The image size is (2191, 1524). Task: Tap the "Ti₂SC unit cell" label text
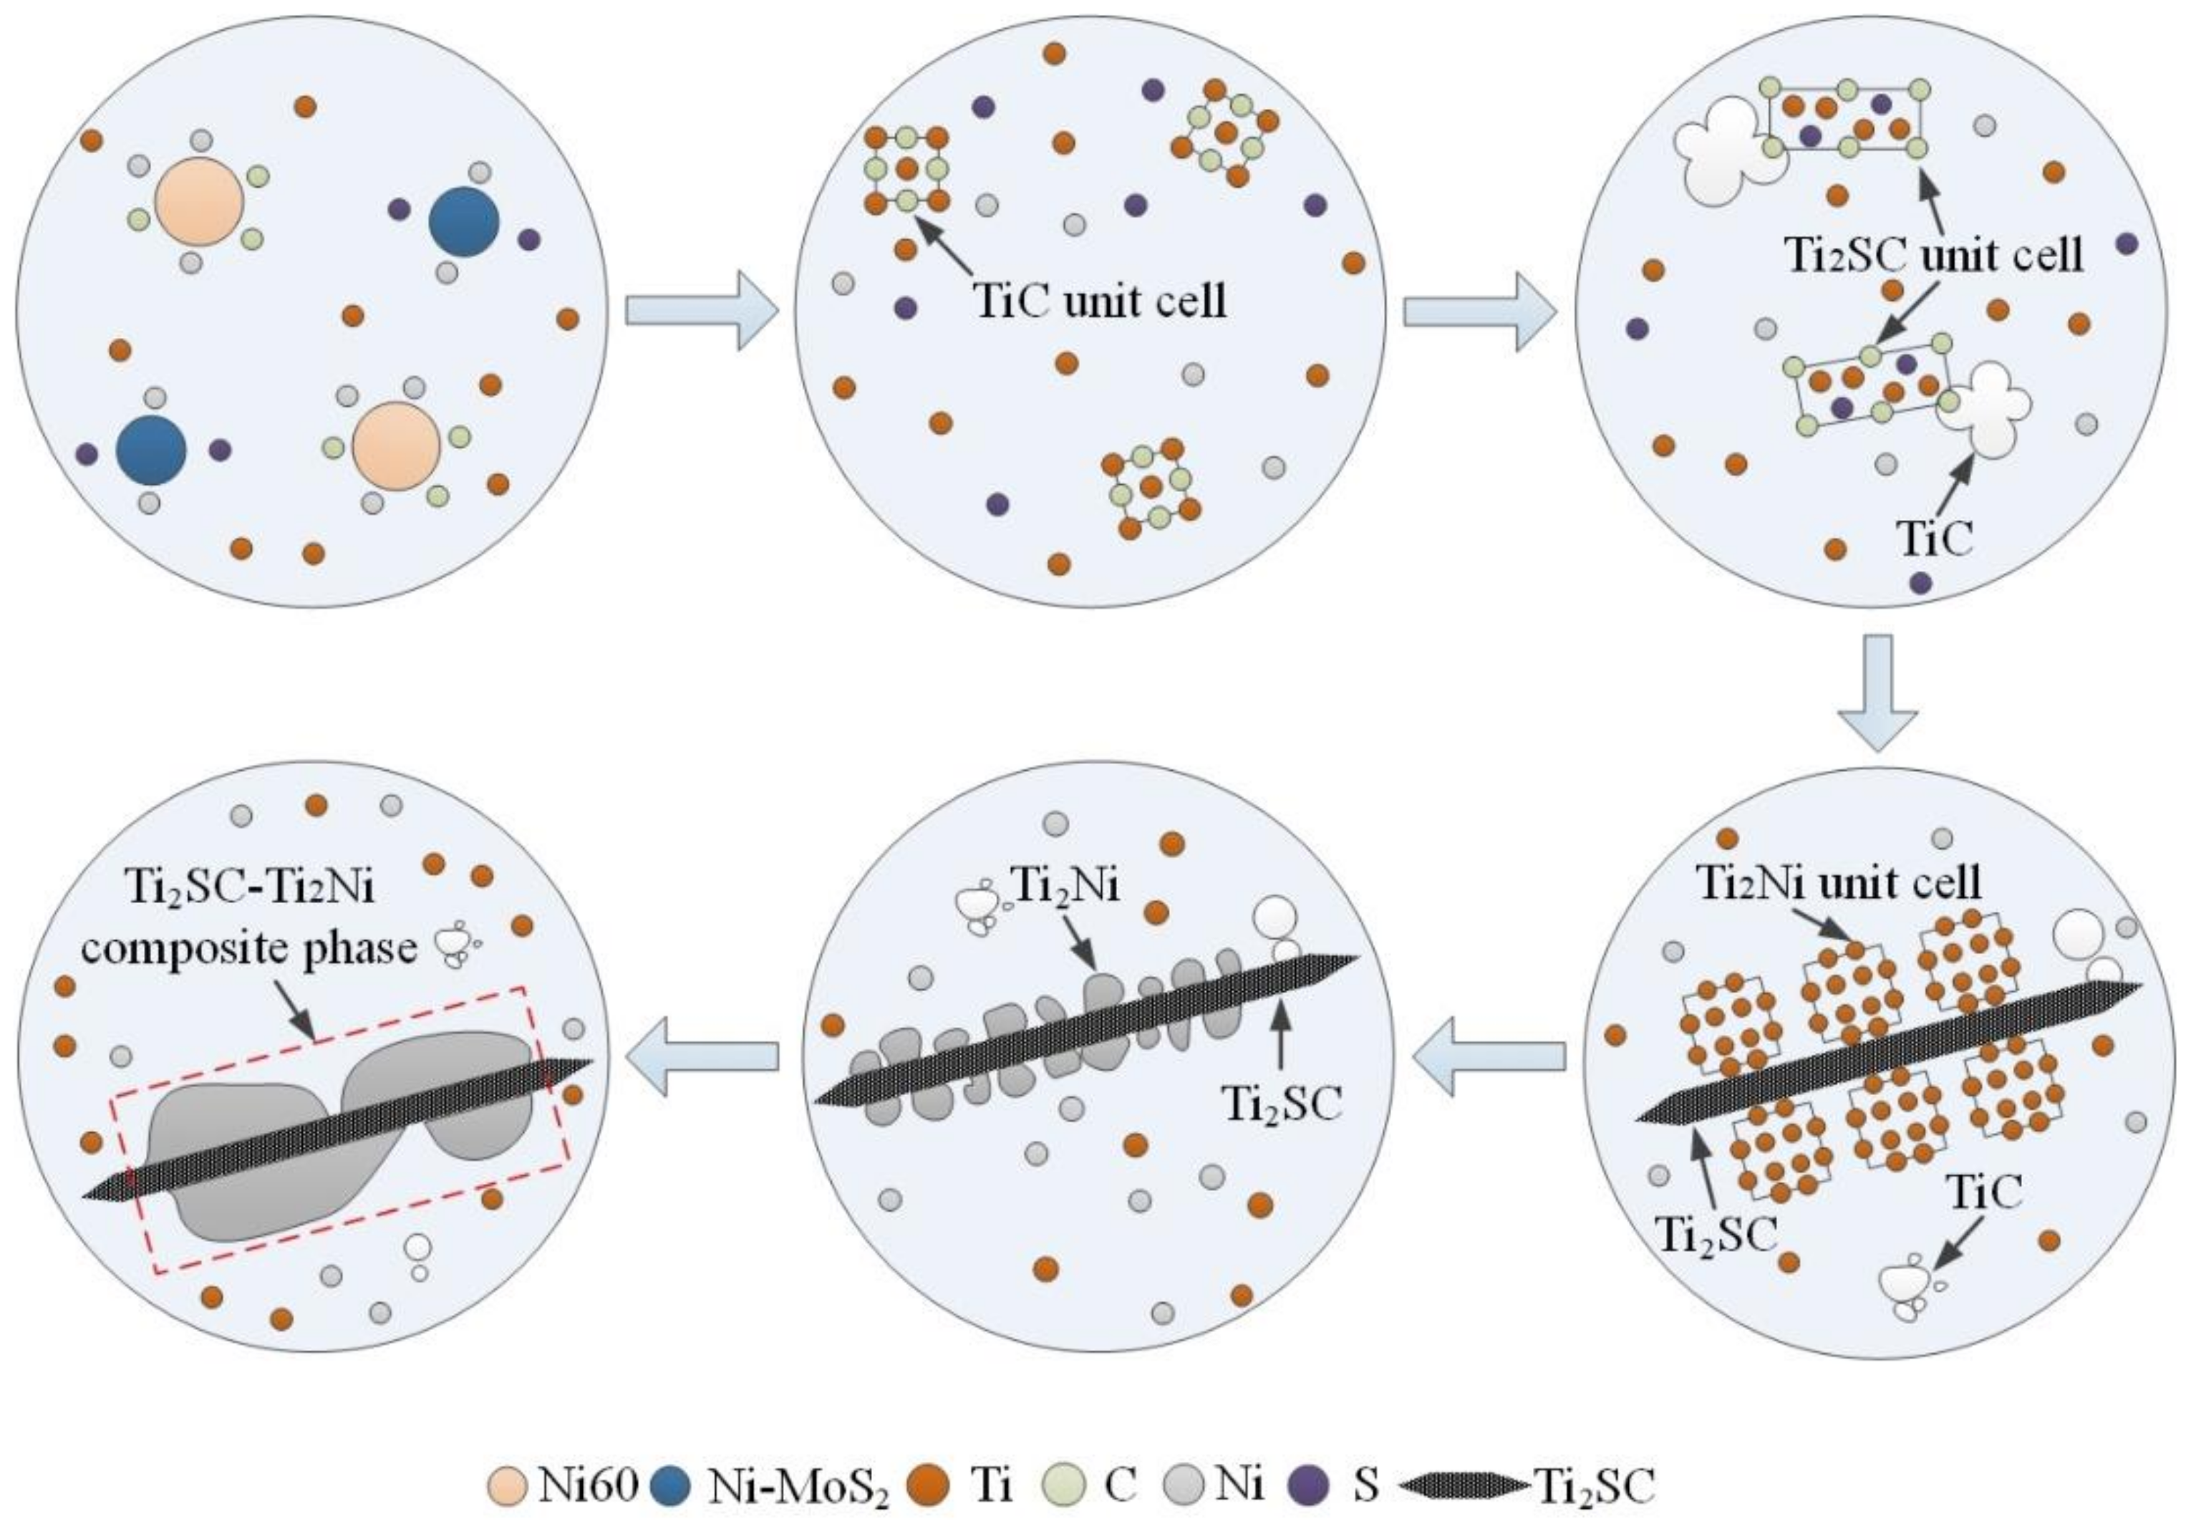coord(1933,256)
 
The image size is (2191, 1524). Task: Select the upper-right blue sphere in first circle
coord(464,221)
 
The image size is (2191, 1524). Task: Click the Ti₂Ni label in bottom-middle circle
coord(1064,887)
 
